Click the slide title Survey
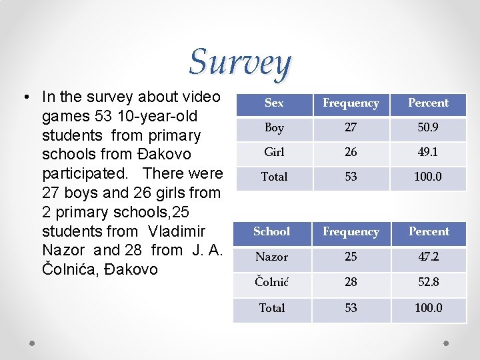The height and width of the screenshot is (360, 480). (x=240, y=63)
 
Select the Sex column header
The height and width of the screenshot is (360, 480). (x=274, y=103)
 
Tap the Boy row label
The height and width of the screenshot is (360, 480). (x=274, y=128)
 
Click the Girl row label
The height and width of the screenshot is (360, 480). (x=274, y=152)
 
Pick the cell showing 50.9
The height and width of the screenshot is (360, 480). (x=428, y=128)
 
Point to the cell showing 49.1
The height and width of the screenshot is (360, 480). (x=428, y=152)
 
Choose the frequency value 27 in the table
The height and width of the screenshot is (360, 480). (x=351, y=128)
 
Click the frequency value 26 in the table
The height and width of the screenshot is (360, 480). (x=351, y=152)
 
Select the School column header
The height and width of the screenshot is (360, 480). (x=272, y=232)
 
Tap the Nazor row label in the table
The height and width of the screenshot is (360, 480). (x=272, y=257)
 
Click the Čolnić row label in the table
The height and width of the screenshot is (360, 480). (x=272, y=282)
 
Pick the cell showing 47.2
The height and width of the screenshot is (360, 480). (x=428, y=257)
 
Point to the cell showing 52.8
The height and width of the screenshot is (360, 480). (x=428, y=282)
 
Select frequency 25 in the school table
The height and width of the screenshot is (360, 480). (x=351, y=257)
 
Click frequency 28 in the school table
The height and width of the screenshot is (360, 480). (x=351, y=282)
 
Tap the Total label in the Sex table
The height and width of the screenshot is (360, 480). (x=274, y=177)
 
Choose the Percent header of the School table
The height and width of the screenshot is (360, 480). (x=428, y=232)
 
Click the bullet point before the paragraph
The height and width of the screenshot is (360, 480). (x=24, y=98)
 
